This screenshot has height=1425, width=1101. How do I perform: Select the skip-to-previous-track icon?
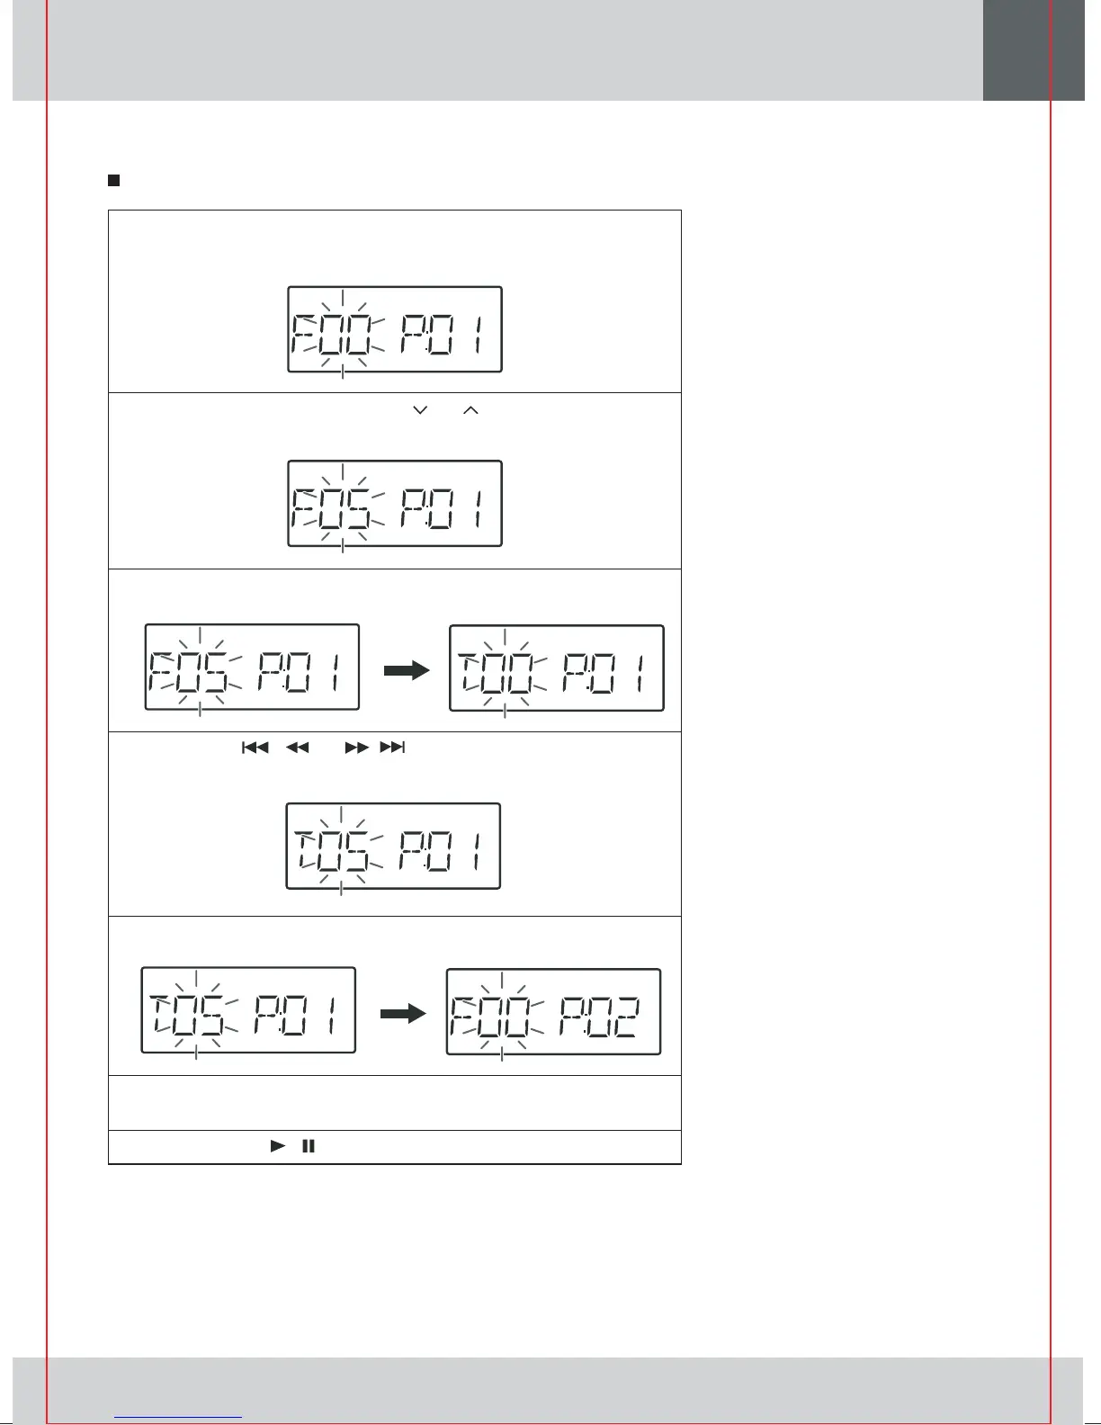coord(255,748)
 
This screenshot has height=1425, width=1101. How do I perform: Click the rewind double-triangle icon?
coord(298,748)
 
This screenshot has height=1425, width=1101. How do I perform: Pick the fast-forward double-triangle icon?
coord(356,748)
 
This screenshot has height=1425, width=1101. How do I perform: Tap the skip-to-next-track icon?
coord(393,748)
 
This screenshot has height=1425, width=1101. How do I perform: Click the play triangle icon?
coord(278,1146)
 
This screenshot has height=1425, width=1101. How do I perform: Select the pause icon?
coord(309,1146)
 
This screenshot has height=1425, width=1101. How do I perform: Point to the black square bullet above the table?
coord(114,180)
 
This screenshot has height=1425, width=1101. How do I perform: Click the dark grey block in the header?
coord(1033,50)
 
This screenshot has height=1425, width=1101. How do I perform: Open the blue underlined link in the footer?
coord(179,1416)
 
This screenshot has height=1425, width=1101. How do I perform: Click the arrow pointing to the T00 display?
coord(407,670)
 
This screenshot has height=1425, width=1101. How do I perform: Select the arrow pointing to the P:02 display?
coord(402,1014)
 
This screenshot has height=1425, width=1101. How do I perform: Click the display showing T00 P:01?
coord(557,668)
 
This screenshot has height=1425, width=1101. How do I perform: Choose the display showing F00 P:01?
coord(394,329)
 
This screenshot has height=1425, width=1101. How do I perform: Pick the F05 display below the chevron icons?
coord(394,504)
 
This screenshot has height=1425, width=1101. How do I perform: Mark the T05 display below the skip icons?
coord(393,847)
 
